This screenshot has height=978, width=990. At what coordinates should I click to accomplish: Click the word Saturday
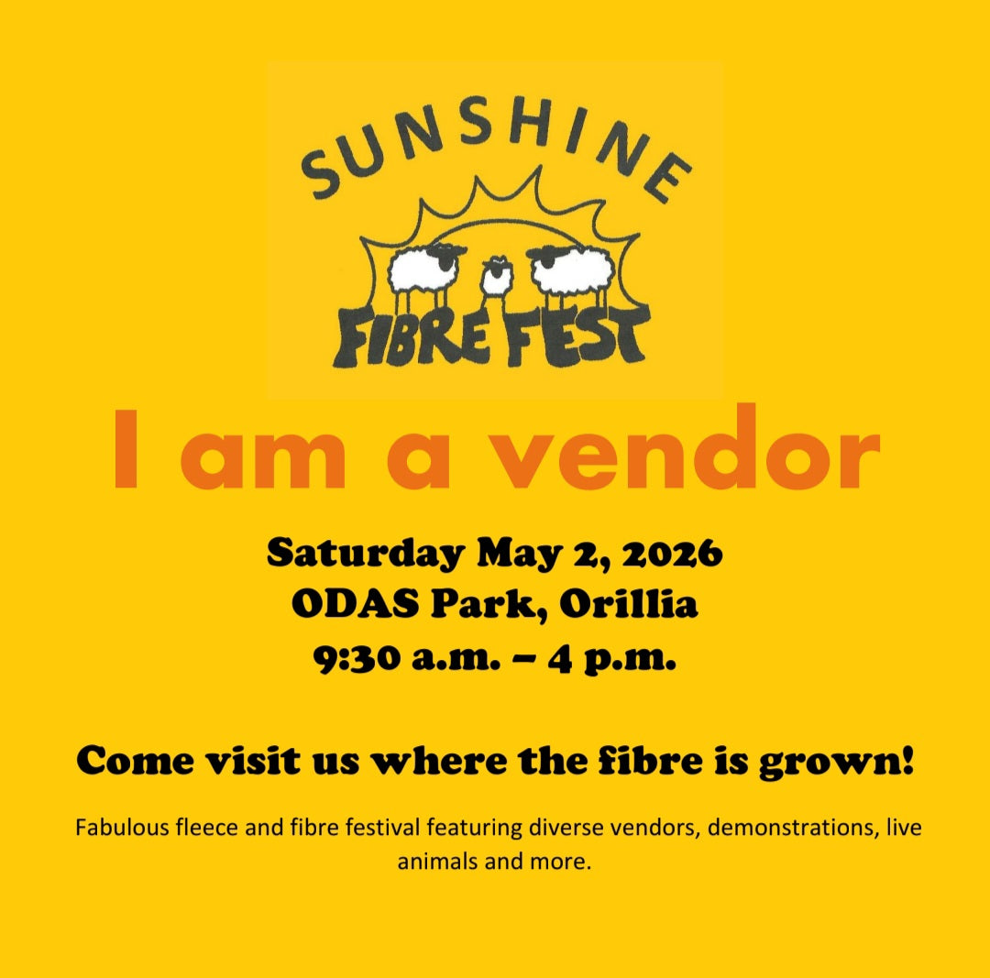(364, 555)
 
